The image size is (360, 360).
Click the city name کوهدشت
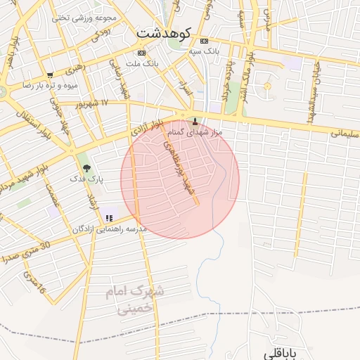(x=162, y=32)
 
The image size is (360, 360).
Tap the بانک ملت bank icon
(x=141, y=53)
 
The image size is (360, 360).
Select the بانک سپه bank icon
(x=204, y=40)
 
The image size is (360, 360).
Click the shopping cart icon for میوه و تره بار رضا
(x=49, y=75)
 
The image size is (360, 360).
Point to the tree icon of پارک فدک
(x=86, y=168)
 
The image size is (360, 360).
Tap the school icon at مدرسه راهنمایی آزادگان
(x=108, y=218)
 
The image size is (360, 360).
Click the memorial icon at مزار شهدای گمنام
(x=195, y=122)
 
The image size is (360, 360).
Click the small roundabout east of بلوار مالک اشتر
(x=266, y=86)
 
